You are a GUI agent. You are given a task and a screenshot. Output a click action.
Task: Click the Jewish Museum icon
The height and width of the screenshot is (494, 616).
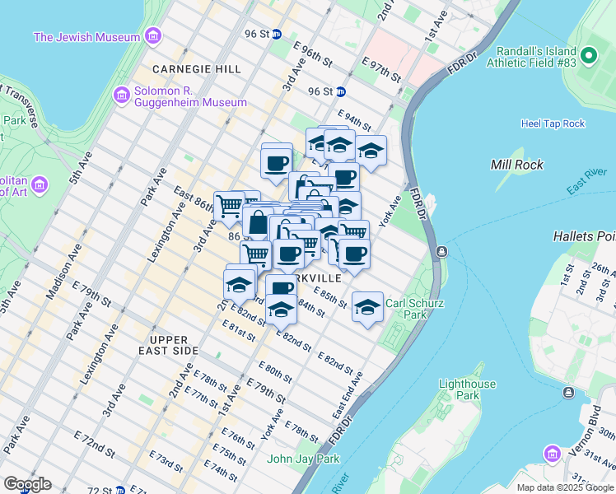[152, 36]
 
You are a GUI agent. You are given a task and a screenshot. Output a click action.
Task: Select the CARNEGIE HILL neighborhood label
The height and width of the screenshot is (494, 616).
[194, 68]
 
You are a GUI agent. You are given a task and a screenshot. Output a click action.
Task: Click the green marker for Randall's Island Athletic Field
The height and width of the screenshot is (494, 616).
[588, 56]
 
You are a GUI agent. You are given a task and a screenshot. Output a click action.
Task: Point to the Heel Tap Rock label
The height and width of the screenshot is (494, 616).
[553, 123]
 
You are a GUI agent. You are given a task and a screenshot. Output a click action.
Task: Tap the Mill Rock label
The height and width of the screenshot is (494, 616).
[516, 165]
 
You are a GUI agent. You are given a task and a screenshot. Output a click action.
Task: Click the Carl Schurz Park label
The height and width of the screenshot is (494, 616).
[415, 309]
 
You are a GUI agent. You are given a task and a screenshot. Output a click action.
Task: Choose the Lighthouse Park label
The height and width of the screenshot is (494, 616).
[467, 389]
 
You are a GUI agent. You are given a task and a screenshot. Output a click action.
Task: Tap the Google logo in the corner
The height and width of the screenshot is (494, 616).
[27, 484]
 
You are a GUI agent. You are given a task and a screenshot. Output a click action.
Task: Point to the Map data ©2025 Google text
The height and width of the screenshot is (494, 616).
[565, 487]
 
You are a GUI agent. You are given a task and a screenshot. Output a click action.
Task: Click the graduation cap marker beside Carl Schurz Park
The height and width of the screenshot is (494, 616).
[367, 307]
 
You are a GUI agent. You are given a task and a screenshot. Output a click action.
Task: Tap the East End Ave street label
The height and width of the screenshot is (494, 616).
[347, 395]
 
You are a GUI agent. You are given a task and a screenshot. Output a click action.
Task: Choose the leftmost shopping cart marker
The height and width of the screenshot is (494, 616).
[228, 206]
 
